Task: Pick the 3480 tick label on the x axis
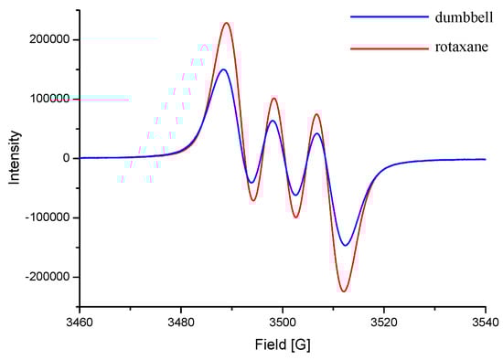pos(181,322)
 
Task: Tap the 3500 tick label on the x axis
pos(283,322)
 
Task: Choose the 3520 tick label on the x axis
pos(384,322)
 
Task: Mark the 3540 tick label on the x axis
pos(485,322)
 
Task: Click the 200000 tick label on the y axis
pos(50,39)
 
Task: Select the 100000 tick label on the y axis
pos(50,99)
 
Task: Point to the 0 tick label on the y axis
pos(67,158)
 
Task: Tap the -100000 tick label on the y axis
pos(48,217)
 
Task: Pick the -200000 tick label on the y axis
pos(48,277)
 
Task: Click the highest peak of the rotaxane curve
pos(227,23)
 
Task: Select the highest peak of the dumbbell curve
pos(223,69)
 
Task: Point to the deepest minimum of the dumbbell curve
pos(345,245)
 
